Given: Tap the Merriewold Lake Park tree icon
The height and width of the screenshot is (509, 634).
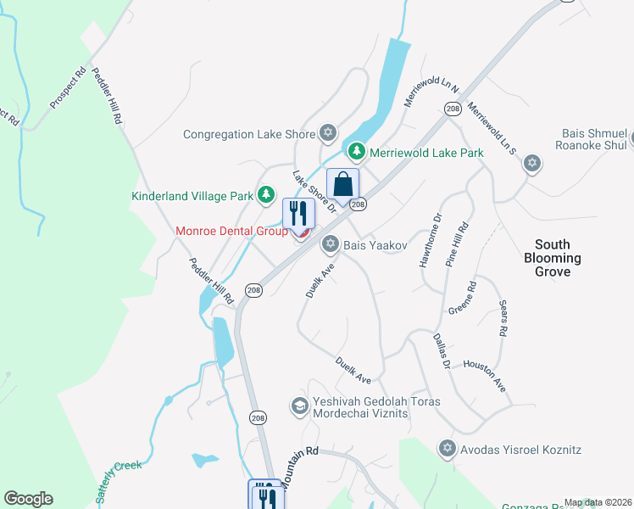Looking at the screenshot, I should pos(357,152).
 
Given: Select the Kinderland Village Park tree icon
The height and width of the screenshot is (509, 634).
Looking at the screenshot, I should pos(266,195).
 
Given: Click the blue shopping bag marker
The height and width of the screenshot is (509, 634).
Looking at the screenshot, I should pos(342,184).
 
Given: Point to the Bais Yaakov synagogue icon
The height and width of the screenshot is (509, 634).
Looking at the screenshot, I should pos(330,244).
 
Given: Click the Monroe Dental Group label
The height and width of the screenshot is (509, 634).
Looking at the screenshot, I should pos(231,231).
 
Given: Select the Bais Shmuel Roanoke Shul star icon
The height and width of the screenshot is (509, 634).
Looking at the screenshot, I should pos(531,163).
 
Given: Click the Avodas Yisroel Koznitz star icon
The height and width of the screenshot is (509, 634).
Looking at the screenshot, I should pos(447,447).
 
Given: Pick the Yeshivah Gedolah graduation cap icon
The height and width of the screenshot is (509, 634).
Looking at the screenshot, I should pos(298,406).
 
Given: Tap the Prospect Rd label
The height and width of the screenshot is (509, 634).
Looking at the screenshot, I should pos(69,88).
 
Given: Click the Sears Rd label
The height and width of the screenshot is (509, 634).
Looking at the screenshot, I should pos(502,319).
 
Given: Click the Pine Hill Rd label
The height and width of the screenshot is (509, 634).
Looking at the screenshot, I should pos(456,244).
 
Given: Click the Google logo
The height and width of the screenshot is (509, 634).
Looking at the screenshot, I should pos(28,499).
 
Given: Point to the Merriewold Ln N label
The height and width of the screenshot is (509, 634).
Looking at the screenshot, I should pos(430,92).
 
